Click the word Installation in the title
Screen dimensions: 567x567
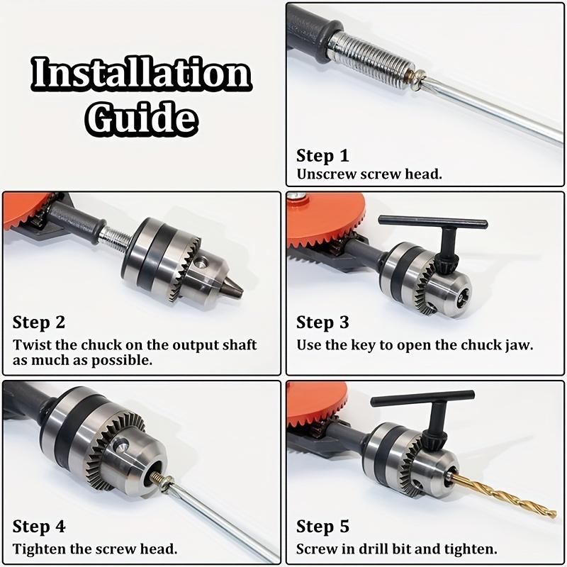click(x=141, y=74)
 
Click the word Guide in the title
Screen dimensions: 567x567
click(x=141, y=118)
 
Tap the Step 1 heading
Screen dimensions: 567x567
click(x=322, y=156)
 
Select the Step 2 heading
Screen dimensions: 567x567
click(x=39, y=322)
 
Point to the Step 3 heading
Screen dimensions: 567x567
click(x=322, y=322)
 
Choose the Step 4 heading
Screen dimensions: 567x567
click(x=39, y=526)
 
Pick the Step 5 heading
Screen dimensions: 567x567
click(x=322, y=526)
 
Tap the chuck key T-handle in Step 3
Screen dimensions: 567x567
click(x=433, y=221)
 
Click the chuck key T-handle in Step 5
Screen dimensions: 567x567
click(x=422, y=397)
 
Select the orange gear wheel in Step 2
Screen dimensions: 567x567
click(x=27, y=210)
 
